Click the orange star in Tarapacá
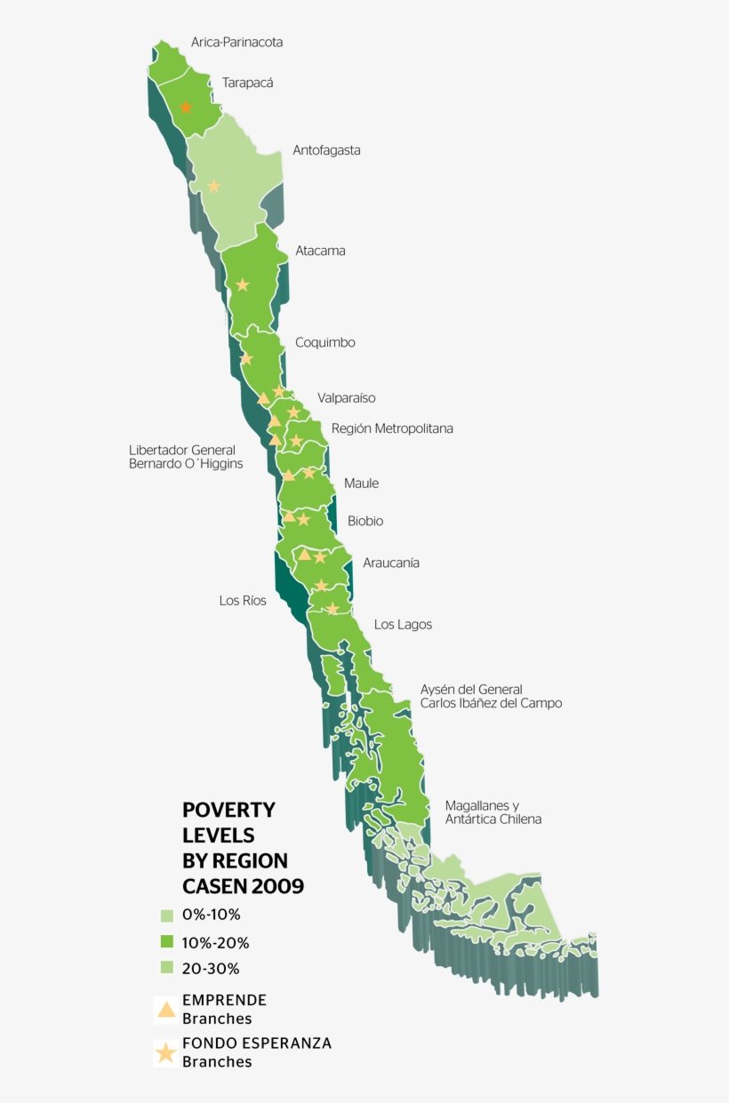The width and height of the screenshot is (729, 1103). coord(186,108)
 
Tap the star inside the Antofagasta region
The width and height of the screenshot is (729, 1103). coord(213,186)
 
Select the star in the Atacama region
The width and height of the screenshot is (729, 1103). coord(242,285)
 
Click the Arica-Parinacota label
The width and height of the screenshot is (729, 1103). coord(236,42)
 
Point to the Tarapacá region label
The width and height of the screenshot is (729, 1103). coord(247,83)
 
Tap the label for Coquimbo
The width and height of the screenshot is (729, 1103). coord(325,342)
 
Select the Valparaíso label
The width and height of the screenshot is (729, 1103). coord(346,398)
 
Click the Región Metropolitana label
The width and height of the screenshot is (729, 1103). coord(392,428)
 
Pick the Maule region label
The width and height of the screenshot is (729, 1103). coord(361,484)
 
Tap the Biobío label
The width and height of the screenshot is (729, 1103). coord(365,521)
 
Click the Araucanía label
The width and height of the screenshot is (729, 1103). coord(391,563)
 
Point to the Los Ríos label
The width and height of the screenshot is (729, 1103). coord(243,601)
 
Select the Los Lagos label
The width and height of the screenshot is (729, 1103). coord(403,625)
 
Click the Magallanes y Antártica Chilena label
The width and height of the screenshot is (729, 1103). coord(493,812)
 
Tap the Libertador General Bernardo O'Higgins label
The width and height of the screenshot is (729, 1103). coord(186,457)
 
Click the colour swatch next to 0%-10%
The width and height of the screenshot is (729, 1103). coord(166,915)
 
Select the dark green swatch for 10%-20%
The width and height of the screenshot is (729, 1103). coord(166,942)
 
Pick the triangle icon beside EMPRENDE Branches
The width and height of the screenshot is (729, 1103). coord(165,1009)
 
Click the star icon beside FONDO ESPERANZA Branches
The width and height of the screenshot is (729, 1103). coord(165,1053)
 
